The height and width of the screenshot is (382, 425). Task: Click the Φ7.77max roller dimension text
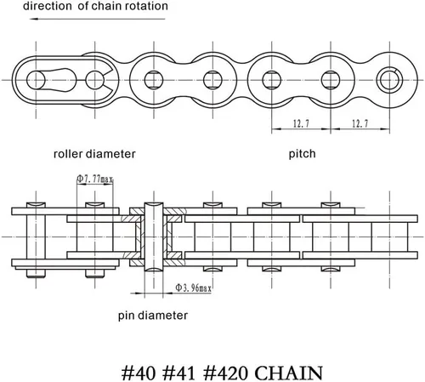click(x=95, y=179)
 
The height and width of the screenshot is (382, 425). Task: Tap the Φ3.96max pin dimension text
click(x=194, y=288)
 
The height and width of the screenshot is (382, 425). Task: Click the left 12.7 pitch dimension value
click(x=301, y=123)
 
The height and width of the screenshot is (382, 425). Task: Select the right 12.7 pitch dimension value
click(x=360, y=123)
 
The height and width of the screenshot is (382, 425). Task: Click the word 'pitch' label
click(x=302, y=154)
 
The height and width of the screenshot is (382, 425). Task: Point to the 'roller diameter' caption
click(x=94, y=154)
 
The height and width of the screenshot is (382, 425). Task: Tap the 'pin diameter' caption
click(x=153, y=316)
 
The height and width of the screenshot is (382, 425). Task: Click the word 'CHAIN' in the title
click(x=289, y=373)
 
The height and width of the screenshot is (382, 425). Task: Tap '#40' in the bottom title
click(x=139, y=373)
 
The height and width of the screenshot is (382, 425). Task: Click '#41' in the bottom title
click(x=179, y=373)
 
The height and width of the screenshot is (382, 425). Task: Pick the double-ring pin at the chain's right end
click(x=389, y=80)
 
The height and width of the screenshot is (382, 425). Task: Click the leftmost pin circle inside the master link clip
click(x=36, y=80)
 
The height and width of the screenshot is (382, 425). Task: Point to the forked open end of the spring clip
click(x=109, y=80)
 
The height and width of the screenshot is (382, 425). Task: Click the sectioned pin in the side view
click(x=154, y=237)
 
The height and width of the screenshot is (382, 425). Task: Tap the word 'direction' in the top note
click(x=48, y=6)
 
